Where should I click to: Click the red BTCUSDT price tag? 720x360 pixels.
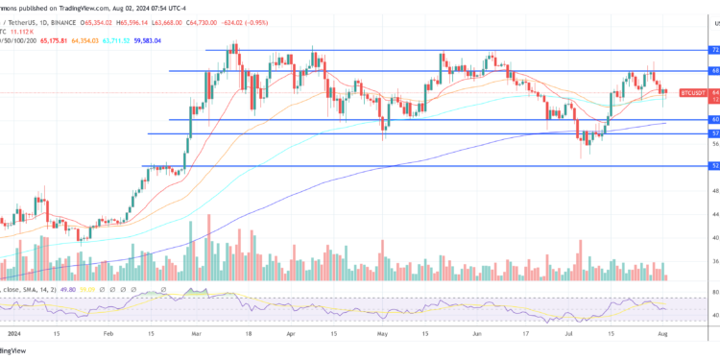click(x=693, y=93)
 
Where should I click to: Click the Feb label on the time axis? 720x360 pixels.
click(x=107, y=335)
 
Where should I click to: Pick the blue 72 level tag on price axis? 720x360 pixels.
click(x=714, y=49)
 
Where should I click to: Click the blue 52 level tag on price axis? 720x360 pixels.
click(x=714, y=166)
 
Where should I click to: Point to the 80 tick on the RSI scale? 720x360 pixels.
click(x=714, y=292)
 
